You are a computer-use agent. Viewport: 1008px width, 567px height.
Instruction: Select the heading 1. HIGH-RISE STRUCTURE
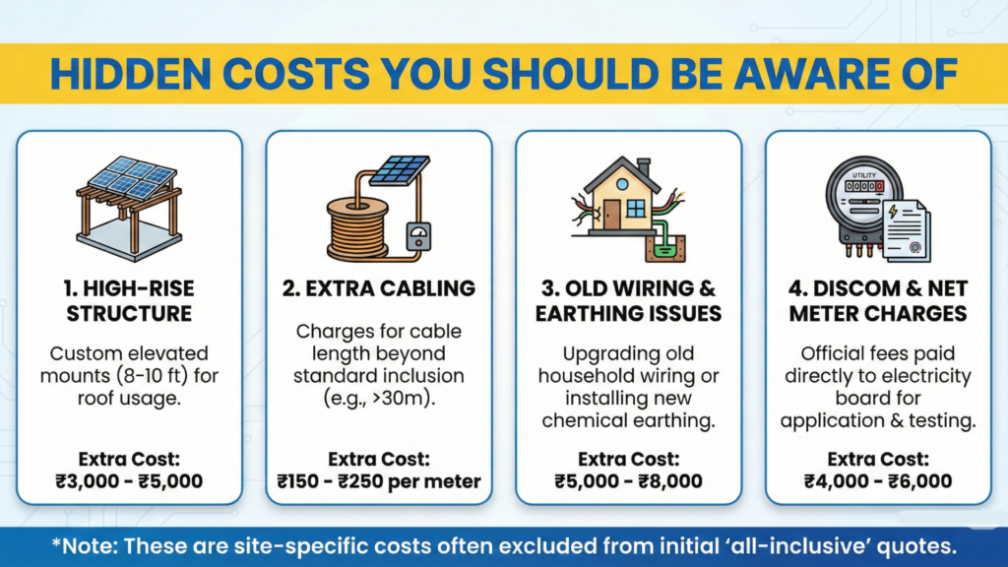[129, 300]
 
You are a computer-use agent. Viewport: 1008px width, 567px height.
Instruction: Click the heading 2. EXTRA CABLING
[379, 288]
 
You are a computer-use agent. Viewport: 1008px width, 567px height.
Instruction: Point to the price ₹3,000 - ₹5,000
[129, 481]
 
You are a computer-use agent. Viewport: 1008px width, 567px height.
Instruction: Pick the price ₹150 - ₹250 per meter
[379, 481]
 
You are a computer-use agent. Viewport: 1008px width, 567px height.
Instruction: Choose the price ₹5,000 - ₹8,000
[628, 481]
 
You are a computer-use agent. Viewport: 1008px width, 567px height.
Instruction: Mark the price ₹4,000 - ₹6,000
[877, 481]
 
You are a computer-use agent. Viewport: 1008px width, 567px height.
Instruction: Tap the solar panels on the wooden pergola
[131, 178]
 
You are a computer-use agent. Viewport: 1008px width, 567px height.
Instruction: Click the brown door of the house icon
[611, 212]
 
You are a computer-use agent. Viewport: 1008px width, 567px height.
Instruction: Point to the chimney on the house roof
[643, 166]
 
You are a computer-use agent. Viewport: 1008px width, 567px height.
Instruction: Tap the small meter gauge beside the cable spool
[418, 239]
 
